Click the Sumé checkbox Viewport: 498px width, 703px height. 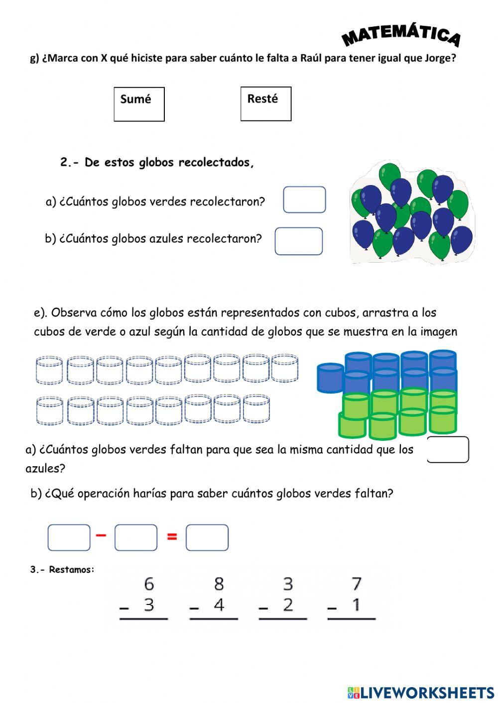pyautogui.click(x=139, y=104)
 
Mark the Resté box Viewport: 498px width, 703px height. pyautogui.click(x=266, y=104)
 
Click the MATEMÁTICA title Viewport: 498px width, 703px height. pyautogui.click(x=401, y=35)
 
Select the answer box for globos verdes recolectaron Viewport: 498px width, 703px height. pyautogui.click(x=304, y=200)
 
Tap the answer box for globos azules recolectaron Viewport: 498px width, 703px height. pyautogui.click(x=299, y=241)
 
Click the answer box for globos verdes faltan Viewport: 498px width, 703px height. pyautogui.click(x=448, y=450)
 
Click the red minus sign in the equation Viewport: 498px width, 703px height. pyautogui.click(x=101, y=535)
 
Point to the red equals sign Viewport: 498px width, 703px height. pyautogui.click(x=172, y=536)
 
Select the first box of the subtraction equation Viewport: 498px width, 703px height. pyautogui.click(x=69, y=538)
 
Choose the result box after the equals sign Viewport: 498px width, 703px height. pyautogui.click(x=207, y=538)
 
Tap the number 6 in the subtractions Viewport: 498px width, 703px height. pyautogui.click(x=149, y=583)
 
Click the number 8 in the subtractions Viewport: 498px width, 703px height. pyautogui.click(x=219, y=583)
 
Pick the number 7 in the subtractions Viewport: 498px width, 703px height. pyautogui.click(x=357, y=583)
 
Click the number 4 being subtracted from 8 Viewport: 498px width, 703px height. pyautogui.click(x=219, y=605)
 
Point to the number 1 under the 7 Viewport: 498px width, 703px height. pyautogui.click(x=356, y=605)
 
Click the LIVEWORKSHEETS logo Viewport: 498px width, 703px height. pyautogui.click(x=421, y=692)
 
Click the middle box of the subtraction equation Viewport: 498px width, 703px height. pyautogui.click(x=136, y=538)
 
